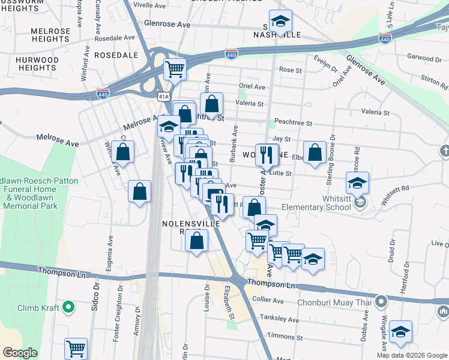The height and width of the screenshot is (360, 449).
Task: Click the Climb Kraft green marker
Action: [x=68, y=308]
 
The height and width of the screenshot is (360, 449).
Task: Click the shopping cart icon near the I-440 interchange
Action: [x=175, y=69]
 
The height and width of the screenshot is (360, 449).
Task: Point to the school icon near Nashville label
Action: [x=280, y=21]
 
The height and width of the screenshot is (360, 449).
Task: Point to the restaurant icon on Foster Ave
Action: [x=267, y=155]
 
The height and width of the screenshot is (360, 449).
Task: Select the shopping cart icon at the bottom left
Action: [x=76, y=348]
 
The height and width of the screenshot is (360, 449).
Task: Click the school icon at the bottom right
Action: [x=400, y=331]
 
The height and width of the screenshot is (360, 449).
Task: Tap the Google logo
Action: [x=20, y=353]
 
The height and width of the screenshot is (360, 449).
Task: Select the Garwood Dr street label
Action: [x=424, y=57]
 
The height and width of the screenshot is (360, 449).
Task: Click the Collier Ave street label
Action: [x=268, y=299]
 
